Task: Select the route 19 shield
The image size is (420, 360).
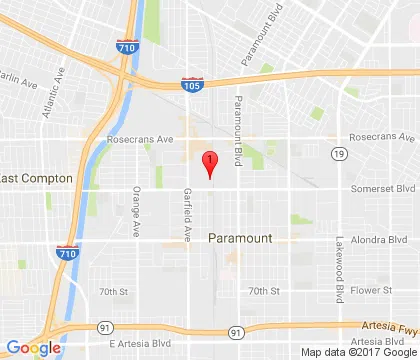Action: point(341,153)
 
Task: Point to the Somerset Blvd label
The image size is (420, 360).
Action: point(383,188)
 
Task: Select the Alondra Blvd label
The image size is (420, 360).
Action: point(385,240)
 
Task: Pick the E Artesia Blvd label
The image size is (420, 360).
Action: point(135,342)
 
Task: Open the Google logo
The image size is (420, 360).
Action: point(32,348)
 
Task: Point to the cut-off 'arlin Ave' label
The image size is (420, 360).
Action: point(20,78)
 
